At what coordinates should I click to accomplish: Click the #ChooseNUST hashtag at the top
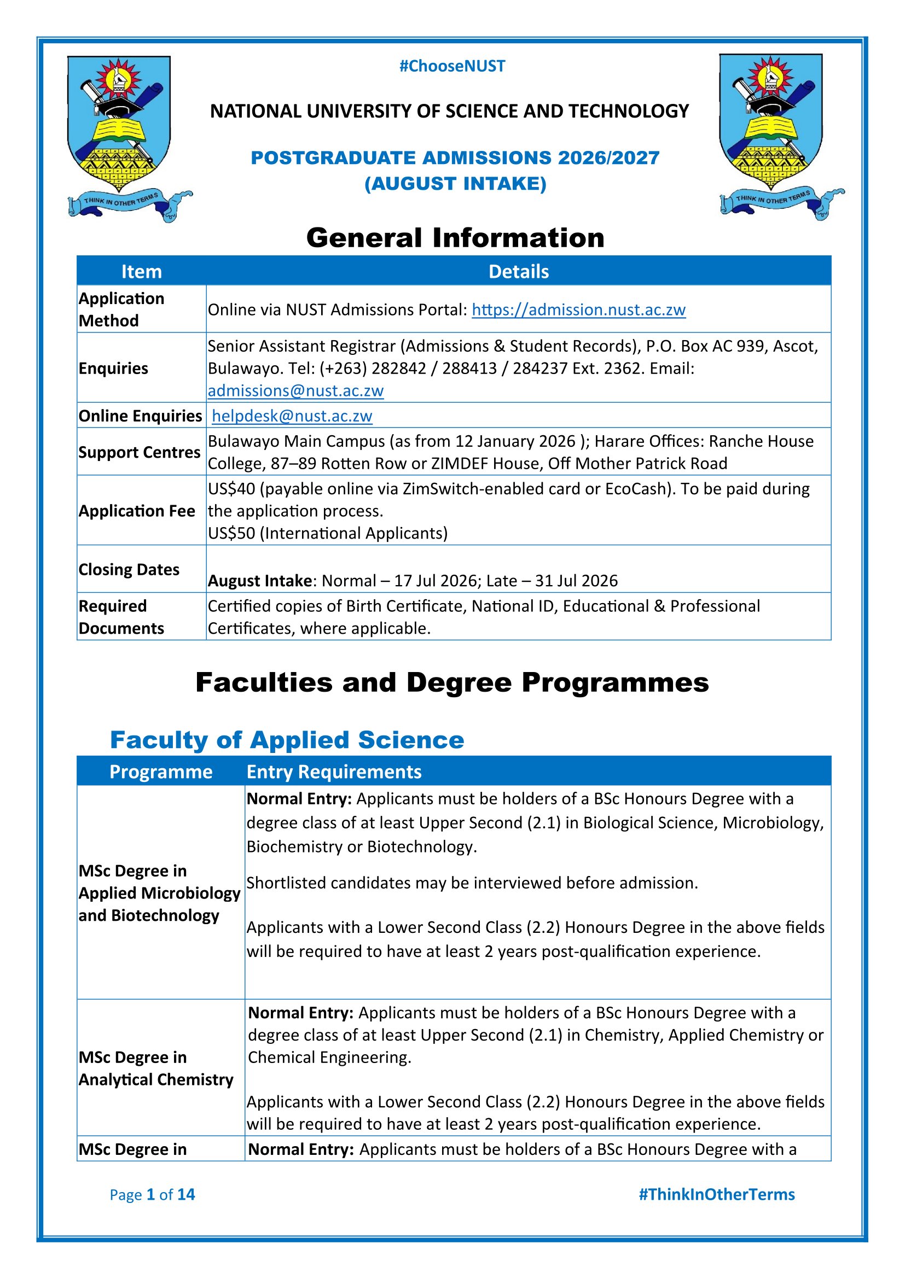click(x=452, y=66)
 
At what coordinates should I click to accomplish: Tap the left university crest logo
click(x=125, y=137)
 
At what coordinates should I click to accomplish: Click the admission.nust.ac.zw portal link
click(x=578, y=309)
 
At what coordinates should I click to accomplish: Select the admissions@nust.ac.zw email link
click(x=295, y=390)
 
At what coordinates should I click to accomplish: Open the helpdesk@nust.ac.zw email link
click(x=292, y=416)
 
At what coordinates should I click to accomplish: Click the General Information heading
click(x=455, y=238)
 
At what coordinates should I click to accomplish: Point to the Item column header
click(x=142, y=272)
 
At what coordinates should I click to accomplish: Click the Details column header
click(x=518, y=272)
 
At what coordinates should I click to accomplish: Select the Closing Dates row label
click(x=129, y=569)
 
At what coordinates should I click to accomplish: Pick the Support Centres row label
click(x=140, y=452)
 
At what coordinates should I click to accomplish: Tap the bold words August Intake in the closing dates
click(x=260, y=581)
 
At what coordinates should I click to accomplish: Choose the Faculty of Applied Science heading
click(x=287, y=740)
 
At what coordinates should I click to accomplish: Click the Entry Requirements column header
click(x=334, y=772)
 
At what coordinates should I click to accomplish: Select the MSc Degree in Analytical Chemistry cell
click(x=156, y=1068)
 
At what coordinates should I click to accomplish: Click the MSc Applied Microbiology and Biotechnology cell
click(x=159, y=893)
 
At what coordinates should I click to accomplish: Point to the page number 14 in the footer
click(x=186, y=1194)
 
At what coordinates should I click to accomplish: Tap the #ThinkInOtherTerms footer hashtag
click(x=717, y=1194)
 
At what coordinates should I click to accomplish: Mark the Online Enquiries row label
click(x=141, y=416)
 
